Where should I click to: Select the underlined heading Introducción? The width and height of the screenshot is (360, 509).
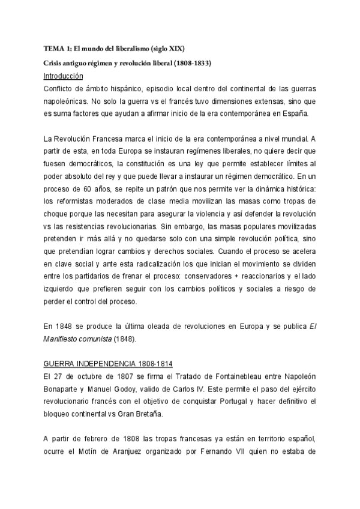(64, 76)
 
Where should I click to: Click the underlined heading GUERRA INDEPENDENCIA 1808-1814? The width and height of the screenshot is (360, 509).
(95, 366)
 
